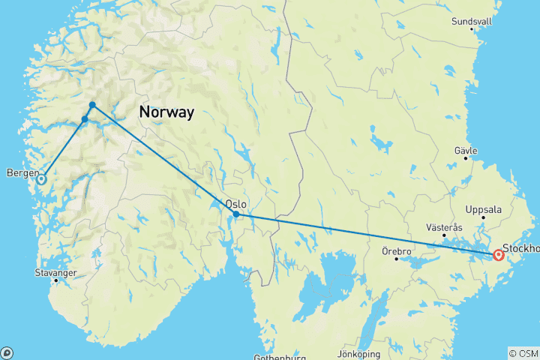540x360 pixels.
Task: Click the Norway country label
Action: tap(166, 112)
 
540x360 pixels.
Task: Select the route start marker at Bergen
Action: tap(41, 178)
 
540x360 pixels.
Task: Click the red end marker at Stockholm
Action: tap(498, 256)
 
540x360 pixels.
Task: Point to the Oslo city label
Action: tap(235, 202)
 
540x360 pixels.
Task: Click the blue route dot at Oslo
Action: tap(236, 214)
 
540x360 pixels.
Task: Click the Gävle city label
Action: tap(466, 150)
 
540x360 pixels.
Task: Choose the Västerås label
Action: tap(445, 226)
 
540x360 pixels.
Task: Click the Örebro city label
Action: tap(395, 250)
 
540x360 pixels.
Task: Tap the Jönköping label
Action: tap(360, 353)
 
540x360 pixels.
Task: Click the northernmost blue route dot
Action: tap(92, 105)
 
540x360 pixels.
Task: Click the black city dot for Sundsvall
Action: tap(472, 28)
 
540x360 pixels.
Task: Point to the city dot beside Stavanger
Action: tap(55, 280)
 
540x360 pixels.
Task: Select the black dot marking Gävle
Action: tap(466, 157)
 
